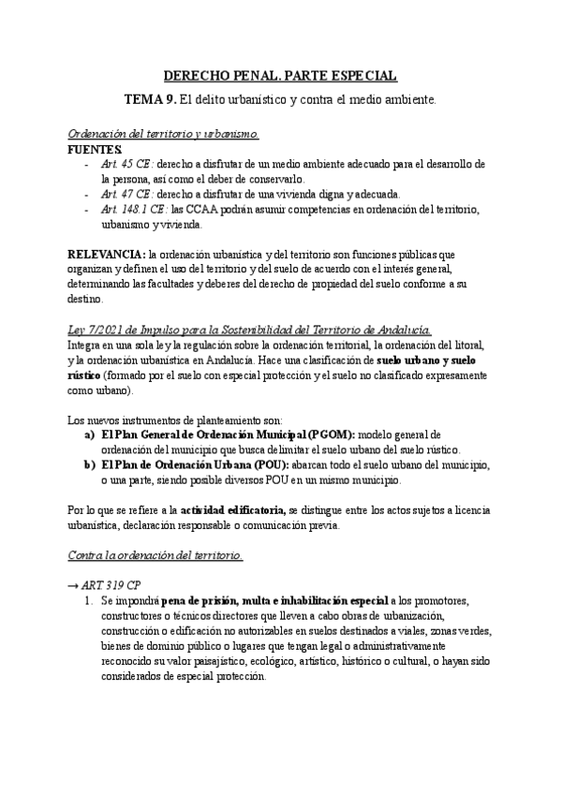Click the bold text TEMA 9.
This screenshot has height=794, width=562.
[x=151, y=98]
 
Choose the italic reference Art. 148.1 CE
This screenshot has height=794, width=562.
[x=131, y=210]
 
